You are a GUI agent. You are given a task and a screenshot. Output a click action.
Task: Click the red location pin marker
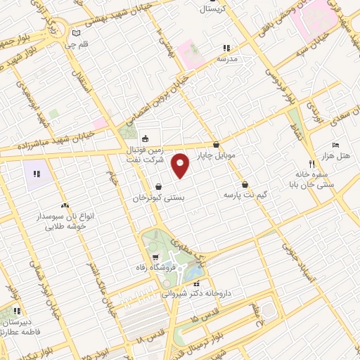(x=181, y=166)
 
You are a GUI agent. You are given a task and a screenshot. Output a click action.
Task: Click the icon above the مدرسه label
(x=226, y=49)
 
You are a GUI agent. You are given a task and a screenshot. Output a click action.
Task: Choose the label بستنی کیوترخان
(x=159, y=198)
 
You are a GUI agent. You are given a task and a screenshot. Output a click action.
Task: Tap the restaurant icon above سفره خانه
(x=302, y=163)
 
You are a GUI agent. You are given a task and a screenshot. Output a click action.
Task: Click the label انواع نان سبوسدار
(x=63, y=218)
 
